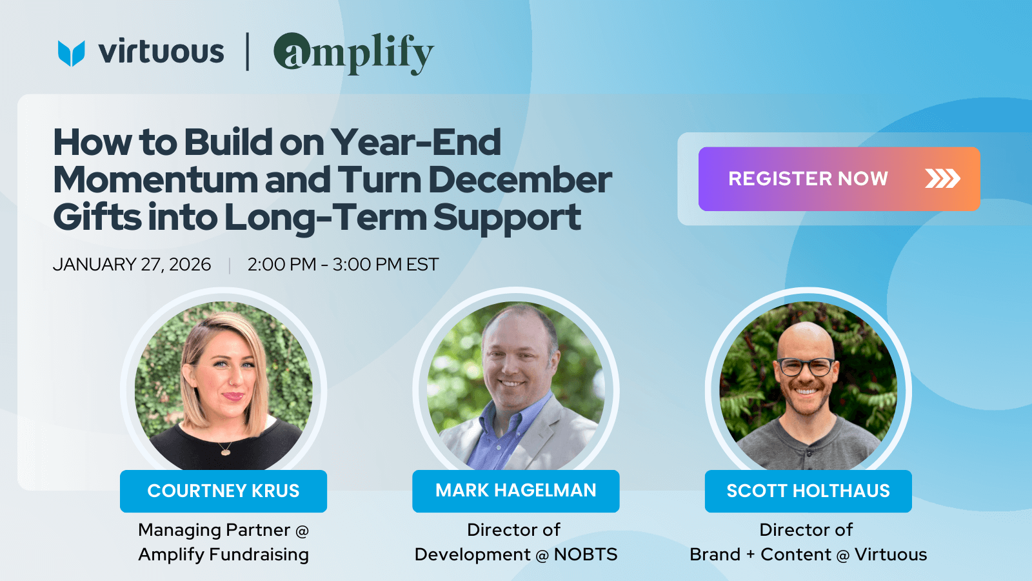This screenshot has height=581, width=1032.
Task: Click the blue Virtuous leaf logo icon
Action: [72, 53]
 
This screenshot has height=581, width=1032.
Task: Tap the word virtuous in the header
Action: [161, 51]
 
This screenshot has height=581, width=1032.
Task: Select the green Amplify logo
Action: [353, 54]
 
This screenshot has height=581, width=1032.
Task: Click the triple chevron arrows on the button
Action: [942, 179]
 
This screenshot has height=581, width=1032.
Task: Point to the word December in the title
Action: [520, 180]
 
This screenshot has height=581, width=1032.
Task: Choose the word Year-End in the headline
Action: [415, 142]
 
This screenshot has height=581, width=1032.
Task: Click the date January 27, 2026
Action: [132, 265]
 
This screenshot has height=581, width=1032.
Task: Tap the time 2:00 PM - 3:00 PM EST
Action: [342, 265]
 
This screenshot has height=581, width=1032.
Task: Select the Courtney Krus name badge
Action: [223, 491]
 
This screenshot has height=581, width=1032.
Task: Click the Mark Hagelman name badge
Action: [515, 491]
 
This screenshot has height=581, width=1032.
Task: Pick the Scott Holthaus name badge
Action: [808, 491]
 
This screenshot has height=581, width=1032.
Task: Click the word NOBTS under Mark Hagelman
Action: [586, 555]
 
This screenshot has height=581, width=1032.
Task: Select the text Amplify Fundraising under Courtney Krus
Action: [223, 555]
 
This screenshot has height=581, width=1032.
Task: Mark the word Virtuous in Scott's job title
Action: [891, 555]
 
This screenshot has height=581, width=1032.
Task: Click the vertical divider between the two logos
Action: [248, 52]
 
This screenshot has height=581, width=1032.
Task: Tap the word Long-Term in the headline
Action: [325, 218]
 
